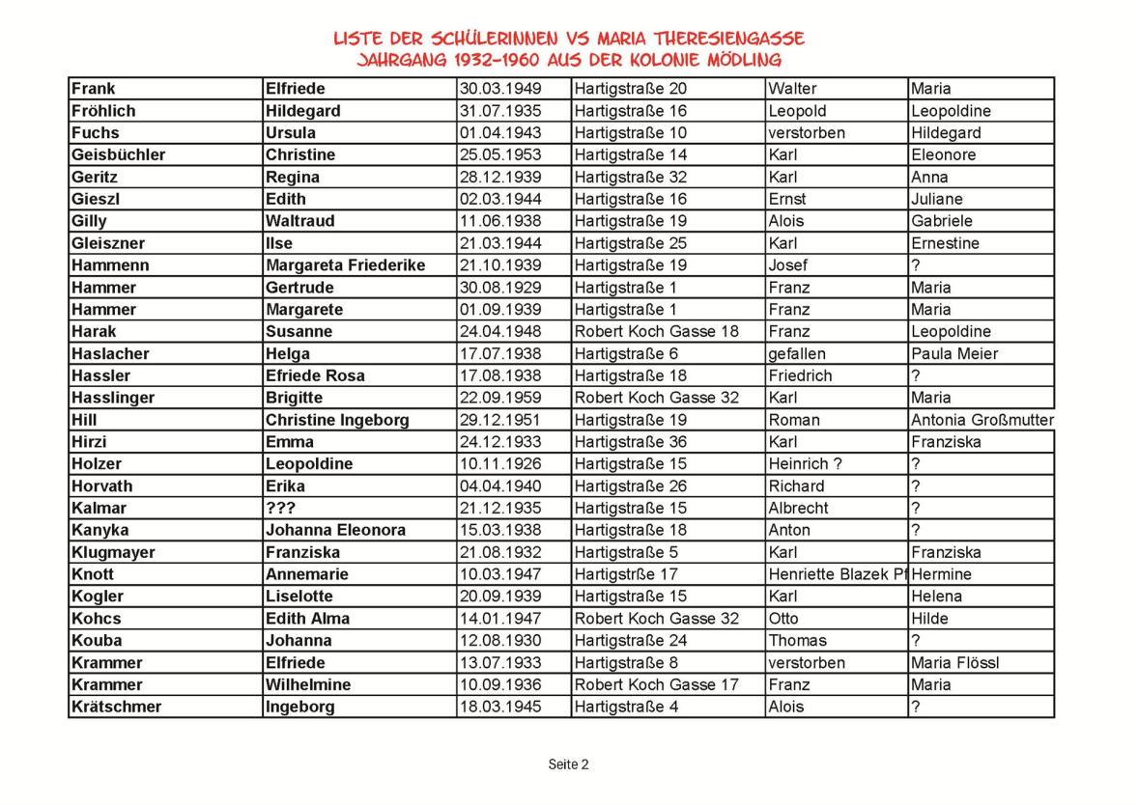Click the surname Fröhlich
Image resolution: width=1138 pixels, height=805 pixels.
click(x=103, y=111)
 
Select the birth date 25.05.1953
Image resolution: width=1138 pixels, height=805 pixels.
click(x=500, y=155)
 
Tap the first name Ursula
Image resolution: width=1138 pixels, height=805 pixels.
click(x=290, y=133)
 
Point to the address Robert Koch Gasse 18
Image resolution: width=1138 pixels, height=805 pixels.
click(x=656, y=331)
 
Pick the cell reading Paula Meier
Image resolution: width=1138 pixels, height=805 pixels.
click(x=954, y=353)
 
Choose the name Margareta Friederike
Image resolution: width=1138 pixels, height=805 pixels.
click(x=345, y=265)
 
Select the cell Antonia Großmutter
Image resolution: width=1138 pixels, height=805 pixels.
click(x=982, y=420)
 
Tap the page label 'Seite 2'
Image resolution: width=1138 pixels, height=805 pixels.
click(x=568, y=764)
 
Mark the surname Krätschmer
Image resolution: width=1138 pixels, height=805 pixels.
click(x=116, y=707)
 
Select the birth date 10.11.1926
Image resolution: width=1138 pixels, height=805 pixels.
click(x=500, y=464)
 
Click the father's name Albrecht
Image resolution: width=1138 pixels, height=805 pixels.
click(x=798, y=508)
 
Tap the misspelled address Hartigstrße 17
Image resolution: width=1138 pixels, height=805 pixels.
click(x=630, y=574)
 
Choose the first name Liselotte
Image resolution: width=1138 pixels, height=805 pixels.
click(x=302, y=597)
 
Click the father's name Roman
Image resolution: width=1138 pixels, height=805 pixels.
click(x=794, y=420)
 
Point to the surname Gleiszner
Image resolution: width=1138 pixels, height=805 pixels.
click(x=107, y=243)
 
